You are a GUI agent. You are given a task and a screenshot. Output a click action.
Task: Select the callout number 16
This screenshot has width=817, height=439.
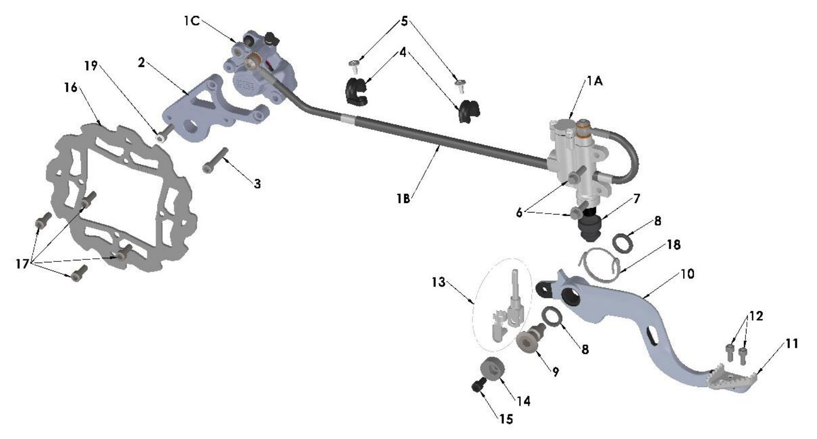point(71,87)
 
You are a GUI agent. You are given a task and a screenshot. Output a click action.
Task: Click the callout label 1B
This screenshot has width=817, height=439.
point(403,198)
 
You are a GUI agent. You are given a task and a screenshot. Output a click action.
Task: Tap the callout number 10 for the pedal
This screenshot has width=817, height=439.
point(687,274)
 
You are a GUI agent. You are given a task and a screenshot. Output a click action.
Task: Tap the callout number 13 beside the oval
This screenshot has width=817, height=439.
point(438,283)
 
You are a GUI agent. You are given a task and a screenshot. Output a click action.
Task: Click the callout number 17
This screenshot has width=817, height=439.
point(22,264)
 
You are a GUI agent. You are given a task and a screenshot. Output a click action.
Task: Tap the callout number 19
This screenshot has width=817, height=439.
point(91,66)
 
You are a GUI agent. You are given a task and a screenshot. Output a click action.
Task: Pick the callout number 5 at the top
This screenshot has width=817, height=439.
point(404,22)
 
